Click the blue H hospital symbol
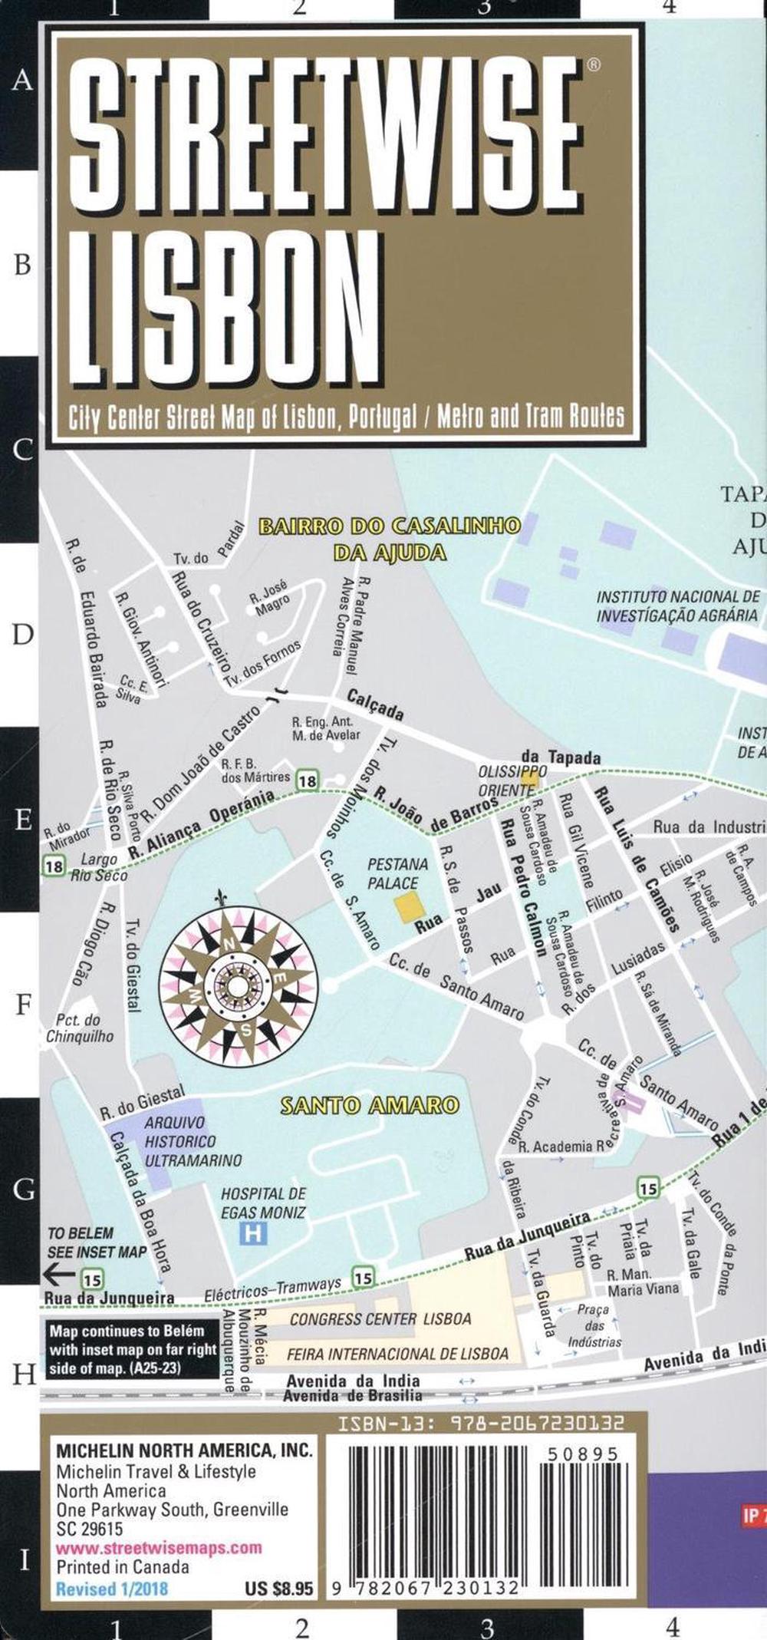click(250, 1234)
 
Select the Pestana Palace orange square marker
click(408, 906)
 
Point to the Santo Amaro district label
click(370, 1106)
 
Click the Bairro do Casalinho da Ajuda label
click(390, 538)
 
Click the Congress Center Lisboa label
click(380, 1319)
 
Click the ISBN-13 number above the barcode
click(482, 1424)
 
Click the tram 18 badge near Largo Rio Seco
click(53, 866)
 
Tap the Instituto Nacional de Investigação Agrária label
click(678, 606)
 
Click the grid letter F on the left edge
click(23, 1004)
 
